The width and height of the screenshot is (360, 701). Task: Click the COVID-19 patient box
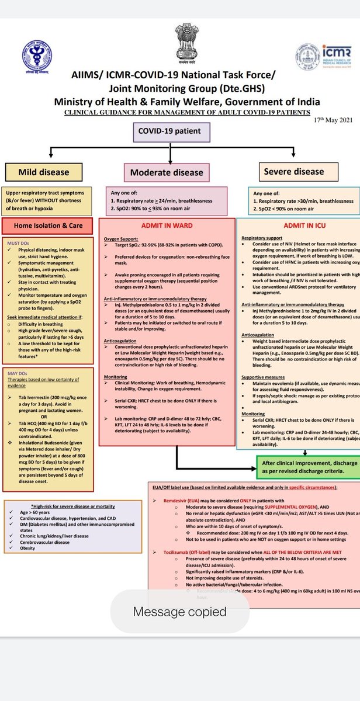coord(169,131)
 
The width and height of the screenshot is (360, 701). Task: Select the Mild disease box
coord(43,172)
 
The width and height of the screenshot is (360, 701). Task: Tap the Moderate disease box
coord(167,172)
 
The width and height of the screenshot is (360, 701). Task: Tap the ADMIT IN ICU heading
coord(297,226)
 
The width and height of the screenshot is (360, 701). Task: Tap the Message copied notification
coord(179,612)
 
